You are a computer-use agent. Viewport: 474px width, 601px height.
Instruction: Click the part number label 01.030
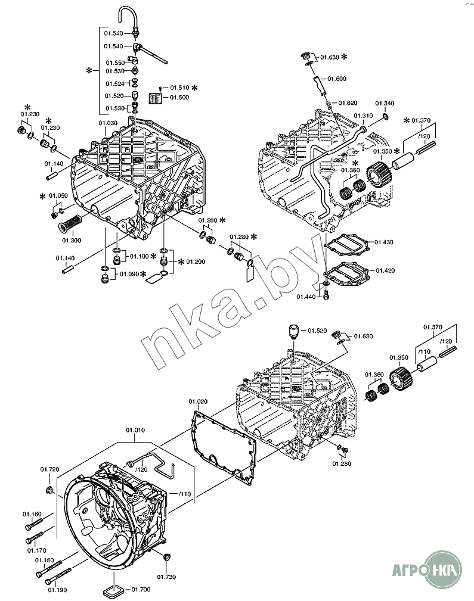[107, 123]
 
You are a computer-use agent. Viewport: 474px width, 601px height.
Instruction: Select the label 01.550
[114, 63]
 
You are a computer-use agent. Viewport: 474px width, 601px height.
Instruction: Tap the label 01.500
[179, 97]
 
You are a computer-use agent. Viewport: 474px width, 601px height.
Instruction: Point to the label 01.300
[72, 241]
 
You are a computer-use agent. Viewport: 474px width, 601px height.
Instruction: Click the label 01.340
[385, 104]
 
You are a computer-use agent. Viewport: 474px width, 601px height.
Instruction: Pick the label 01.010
[135, 429]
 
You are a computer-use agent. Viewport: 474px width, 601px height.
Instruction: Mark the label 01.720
[49, 470]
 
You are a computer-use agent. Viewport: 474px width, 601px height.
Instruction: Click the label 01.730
[166, 576]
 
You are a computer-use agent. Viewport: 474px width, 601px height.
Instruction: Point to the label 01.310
[363, 116]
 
